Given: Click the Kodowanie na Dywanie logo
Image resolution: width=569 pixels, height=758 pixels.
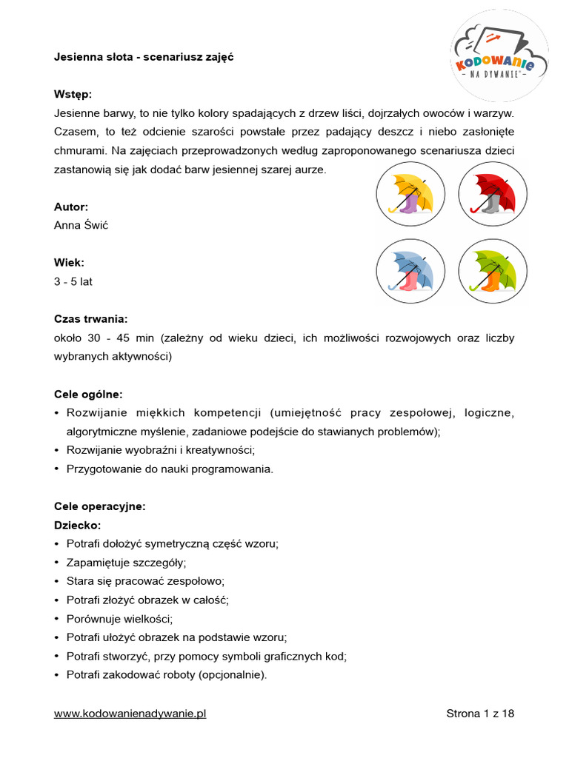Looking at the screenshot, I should (x=499, y=56).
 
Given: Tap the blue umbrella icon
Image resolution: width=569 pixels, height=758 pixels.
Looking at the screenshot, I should (x=410, y=272).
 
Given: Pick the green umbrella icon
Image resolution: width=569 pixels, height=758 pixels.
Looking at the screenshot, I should (x=493, y=272).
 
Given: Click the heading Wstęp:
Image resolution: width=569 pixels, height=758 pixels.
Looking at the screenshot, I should (x=73, y=95).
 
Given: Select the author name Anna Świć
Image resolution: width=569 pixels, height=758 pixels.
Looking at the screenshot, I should (x=81, y=225).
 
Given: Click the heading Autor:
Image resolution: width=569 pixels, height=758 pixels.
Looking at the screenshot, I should (x=71, y=207).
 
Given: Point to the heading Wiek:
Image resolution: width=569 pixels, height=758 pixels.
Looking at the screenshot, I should (x=69, y=263).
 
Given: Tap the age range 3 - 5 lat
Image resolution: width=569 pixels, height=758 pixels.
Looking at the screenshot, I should (x=73, y=281).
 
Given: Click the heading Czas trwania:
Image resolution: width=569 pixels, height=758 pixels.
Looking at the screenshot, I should (x=90, y=319).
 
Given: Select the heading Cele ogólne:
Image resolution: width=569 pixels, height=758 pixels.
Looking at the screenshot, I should (x=88, y=394).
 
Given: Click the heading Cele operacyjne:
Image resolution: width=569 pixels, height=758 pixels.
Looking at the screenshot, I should (x=99, y=506).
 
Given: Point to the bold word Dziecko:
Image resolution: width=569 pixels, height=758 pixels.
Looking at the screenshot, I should (x=77, y=525).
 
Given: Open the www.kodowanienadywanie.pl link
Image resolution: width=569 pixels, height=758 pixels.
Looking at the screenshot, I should (x=130, y=714).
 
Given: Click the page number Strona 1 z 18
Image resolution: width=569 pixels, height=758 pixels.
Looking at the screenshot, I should (x=480, y=714).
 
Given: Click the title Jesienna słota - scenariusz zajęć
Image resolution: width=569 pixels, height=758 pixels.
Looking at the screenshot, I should (x=144, y=57).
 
